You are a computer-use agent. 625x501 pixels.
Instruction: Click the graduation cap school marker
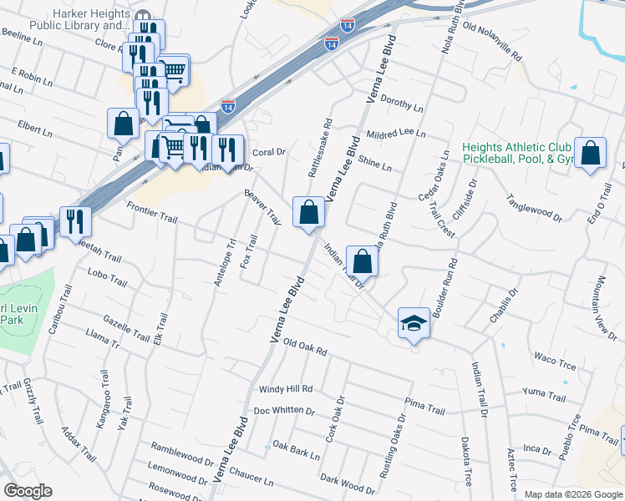tap(414, 321)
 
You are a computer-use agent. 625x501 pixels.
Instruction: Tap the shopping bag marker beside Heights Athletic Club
tap(591, 153)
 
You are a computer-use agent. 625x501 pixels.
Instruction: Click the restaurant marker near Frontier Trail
tap(76, 221)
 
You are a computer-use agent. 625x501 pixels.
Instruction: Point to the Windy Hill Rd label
tap(285, 389)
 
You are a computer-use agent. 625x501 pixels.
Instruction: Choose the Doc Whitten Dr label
tap(284, 411)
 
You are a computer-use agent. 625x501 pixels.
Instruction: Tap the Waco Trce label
tap(555, 360)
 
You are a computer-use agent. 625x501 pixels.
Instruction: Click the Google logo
tap(28, 491)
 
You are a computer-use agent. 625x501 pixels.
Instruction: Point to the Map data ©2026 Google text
tap(572, 494)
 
